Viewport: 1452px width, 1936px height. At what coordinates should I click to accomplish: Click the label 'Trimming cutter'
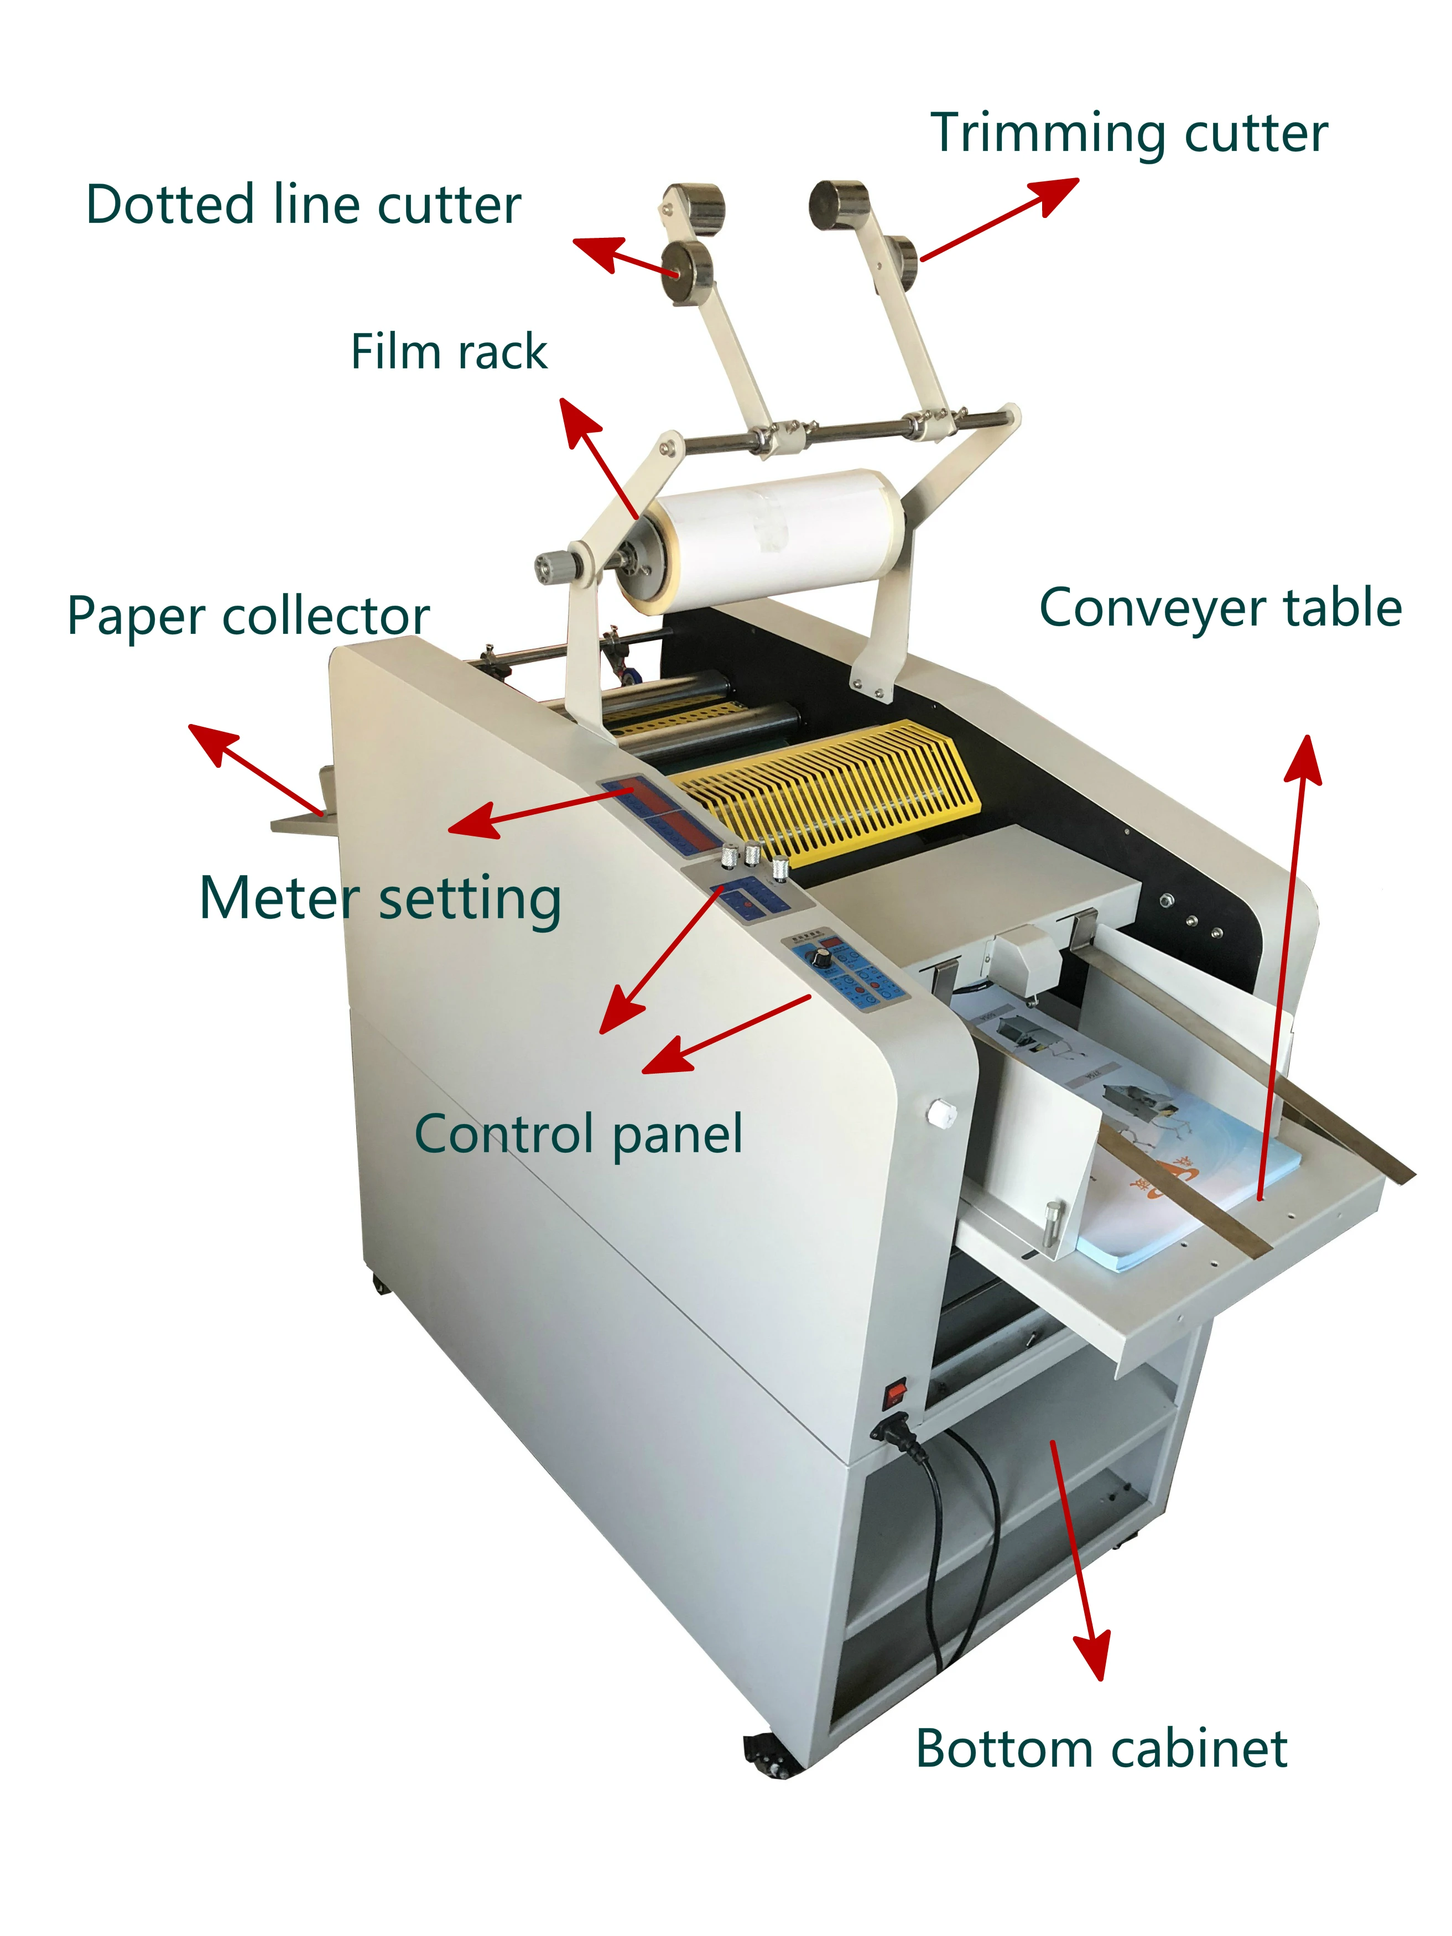(1128, 134)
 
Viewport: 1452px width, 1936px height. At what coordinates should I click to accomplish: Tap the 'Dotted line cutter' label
(303, 205)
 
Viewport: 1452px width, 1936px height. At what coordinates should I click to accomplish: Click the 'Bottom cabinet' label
(1101, 1748)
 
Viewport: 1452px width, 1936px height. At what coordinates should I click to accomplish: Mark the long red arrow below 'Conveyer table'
(1283, 963)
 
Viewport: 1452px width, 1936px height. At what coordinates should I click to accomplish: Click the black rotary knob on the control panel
(822, 959)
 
